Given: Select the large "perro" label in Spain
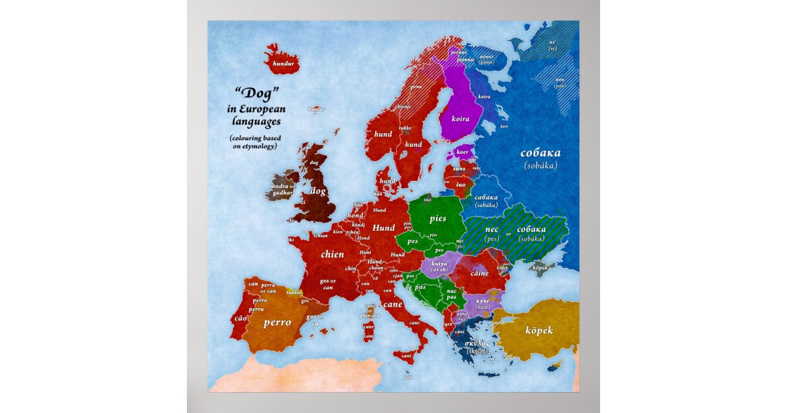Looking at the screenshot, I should (x=277, y=323).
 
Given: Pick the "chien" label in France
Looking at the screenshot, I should (x=333, y=254).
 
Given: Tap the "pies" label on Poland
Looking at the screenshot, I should (x=437, y=218).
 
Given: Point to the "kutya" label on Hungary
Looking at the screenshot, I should (x=439, y=264).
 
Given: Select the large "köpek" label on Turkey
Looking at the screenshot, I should (x=539, y=330).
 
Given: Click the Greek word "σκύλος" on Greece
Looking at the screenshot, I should (x=477, y=343).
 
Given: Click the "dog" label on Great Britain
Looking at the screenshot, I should (x=318, y=191).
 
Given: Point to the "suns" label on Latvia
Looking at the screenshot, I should (x=460, y=168).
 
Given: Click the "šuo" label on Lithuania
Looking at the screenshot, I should (x=460, y=184).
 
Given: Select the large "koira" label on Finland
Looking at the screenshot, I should (x=460, y=119).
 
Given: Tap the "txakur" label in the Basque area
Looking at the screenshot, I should (x=294, y=292).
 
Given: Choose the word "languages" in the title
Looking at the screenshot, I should (x=256, y=121).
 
